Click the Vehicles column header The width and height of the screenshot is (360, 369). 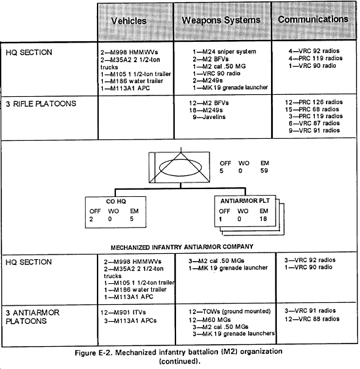pyautogui.click(x=129, y=21)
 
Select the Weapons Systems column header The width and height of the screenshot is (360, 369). pyautogui.click(x=221, y=20)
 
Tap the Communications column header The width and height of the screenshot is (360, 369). pyautogui.click(x=313, y=19)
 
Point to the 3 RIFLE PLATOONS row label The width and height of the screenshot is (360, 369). pyautogui.click(x=41, y=104)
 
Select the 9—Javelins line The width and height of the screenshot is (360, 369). pyautogui.click(x=209, y=117)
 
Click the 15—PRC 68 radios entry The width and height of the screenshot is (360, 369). pyautogui.click(x=312, y=109)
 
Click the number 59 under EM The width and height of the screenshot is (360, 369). pyautogui.click(x=264, y=171)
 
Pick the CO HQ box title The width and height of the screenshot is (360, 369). pyautogui.click(x=116, y=202)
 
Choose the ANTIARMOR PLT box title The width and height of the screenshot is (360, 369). pyautogui.click(x=245, y=201)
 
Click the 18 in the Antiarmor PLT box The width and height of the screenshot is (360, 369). pyautogui.click(x=263, y=219)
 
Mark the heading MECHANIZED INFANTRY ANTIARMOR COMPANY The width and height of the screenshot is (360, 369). pyautogui.click(x=182, y=247)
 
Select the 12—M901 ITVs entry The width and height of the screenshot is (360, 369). pyautogui.click(x=123, y=313)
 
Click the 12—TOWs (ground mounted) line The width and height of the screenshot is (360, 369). pyautogui.click(x=230, y=311)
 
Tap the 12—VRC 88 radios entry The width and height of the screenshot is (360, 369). pyautogui.click(x=312, y=319)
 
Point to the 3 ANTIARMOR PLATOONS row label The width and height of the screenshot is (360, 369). pyautogui.click(x=33, y=317)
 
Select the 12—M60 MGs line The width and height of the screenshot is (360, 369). pyautogui.click(x=210, y=320)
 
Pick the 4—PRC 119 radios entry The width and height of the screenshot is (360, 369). pyautogui.click(x=315, y=58)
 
